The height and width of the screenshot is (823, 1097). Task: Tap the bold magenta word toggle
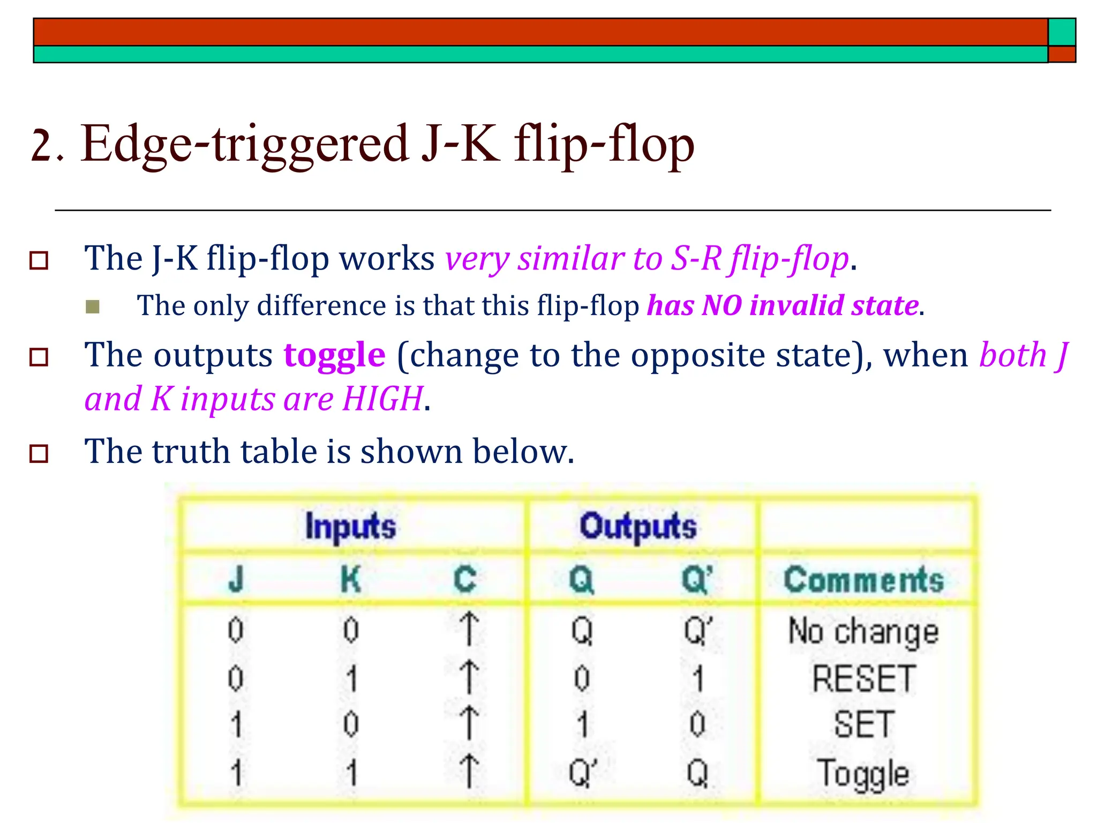[x=334, y=355]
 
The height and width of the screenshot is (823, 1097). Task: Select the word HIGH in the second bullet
[x=383, y=399]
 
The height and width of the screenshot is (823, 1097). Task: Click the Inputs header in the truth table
[x=350, y=526]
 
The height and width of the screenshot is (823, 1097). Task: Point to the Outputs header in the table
[x=638, y=526]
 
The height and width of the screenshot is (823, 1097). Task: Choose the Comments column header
[x=863, y=580]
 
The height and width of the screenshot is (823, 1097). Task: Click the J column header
[x=236, y=580]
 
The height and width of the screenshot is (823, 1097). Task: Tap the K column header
[x=351, y=580]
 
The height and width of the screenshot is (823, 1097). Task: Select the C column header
[x=465, y=580]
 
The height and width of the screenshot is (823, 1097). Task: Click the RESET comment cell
[x=863, y=678]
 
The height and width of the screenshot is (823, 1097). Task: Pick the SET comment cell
[x=863, y=724]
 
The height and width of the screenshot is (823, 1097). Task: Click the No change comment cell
[x=863, y=631]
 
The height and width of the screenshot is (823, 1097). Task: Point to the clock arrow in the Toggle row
[x=469, y=772]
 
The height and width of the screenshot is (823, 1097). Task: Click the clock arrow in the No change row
[x=469, y=629]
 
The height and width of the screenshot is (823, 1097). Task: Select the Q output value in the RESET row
[x=582, y=678]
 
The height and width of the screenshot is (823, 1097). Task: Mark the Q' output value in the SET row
[x=697, y=724]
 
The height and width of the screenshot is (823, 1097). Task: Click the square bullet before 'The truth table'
[x=39, y=453]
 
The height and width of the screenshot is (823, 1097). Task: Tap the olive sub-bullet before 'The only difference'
[x=93, y=306]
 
